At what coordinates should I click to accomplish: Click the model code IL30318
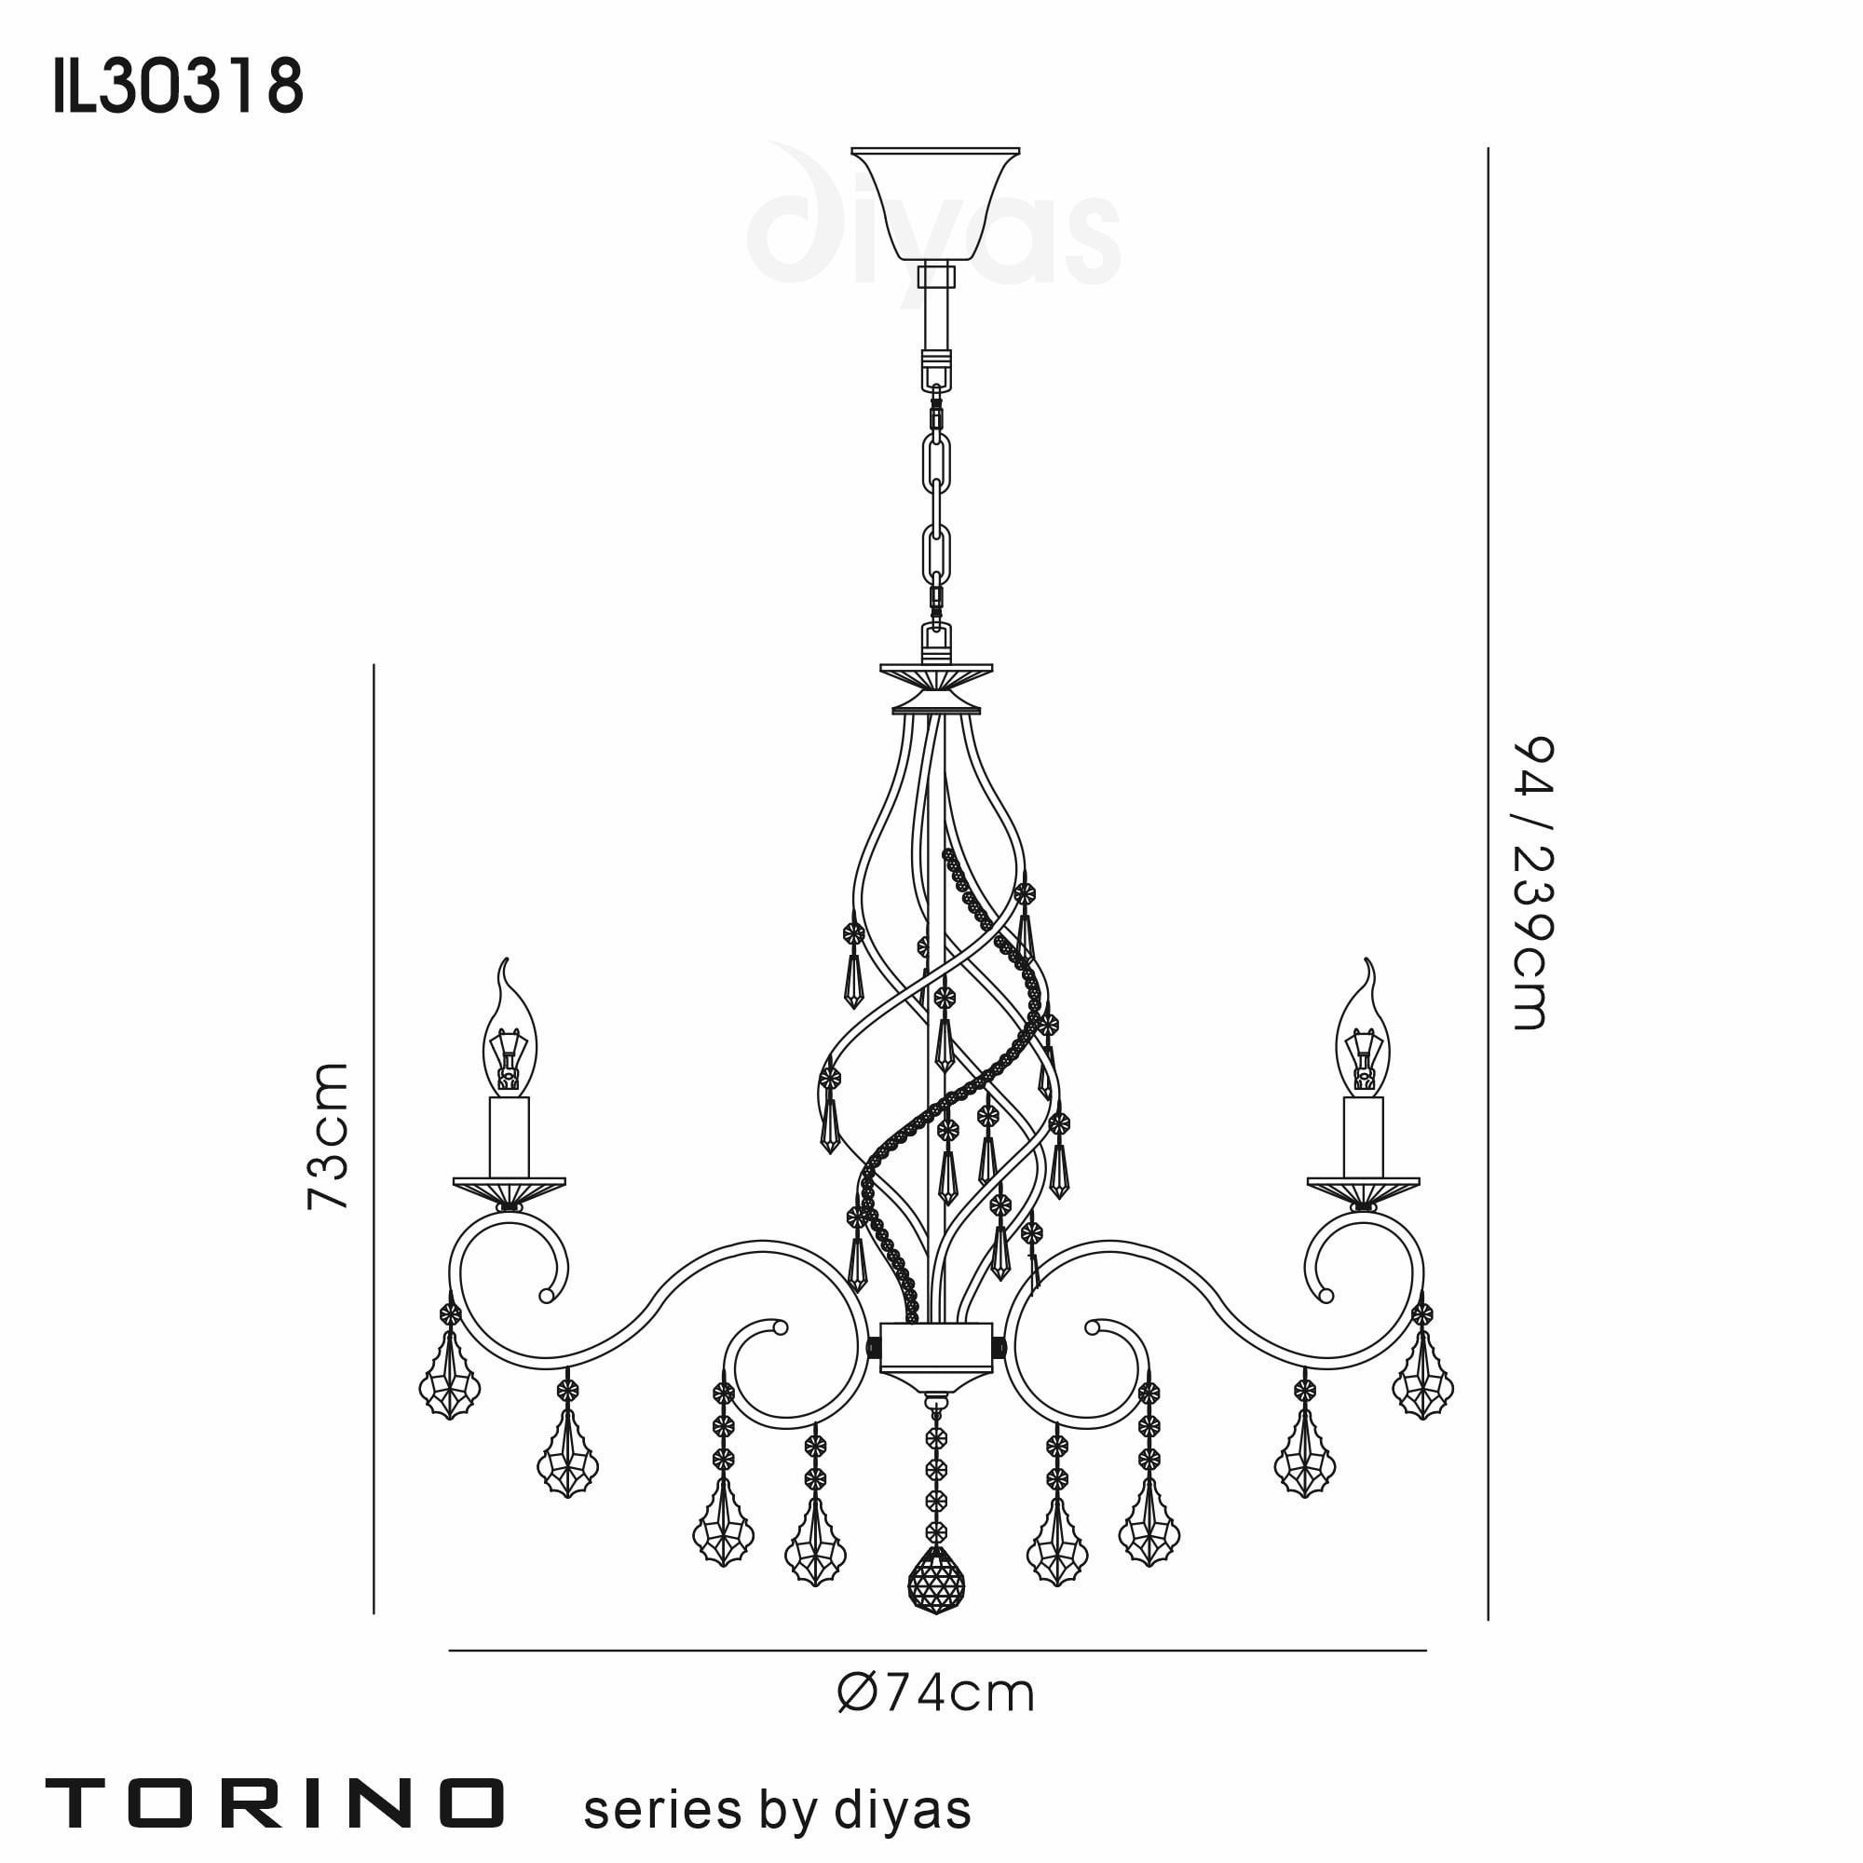click(179, 87)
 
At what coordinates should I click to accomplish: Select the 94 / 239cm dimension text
click(1531, 883)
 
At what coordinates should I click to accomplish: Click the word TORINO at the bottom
click(275, 1802)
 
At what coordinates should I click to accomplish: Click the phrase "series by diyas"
click(776, 1809)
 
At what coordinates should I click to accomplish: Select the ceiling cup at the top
click(934, 202)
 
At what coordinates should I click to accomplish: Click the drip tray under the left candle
click(510, 1185)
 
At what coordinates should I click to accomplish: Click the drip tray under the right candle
click(1363, 1185)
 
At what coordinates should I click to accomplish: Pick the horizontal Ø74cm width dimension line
click(935, 1651)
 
